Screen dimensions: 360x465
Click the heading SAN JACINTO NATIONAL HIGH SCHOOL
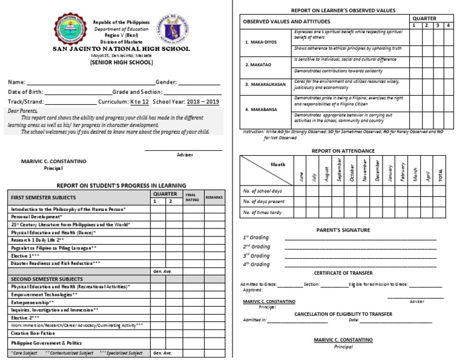(121, 48)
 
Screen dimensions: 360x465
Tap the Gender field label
(166, 82)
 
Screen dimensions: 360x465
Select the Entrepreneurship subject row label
(32, 302)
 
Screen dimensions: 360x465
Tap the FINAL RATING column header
(192, 197)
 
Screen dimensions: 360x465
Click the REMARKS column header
(214, 197)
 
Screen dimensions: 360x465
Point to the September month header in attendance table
(338, 168)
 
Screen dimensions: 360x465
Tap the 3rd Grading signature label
(256, 255)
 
